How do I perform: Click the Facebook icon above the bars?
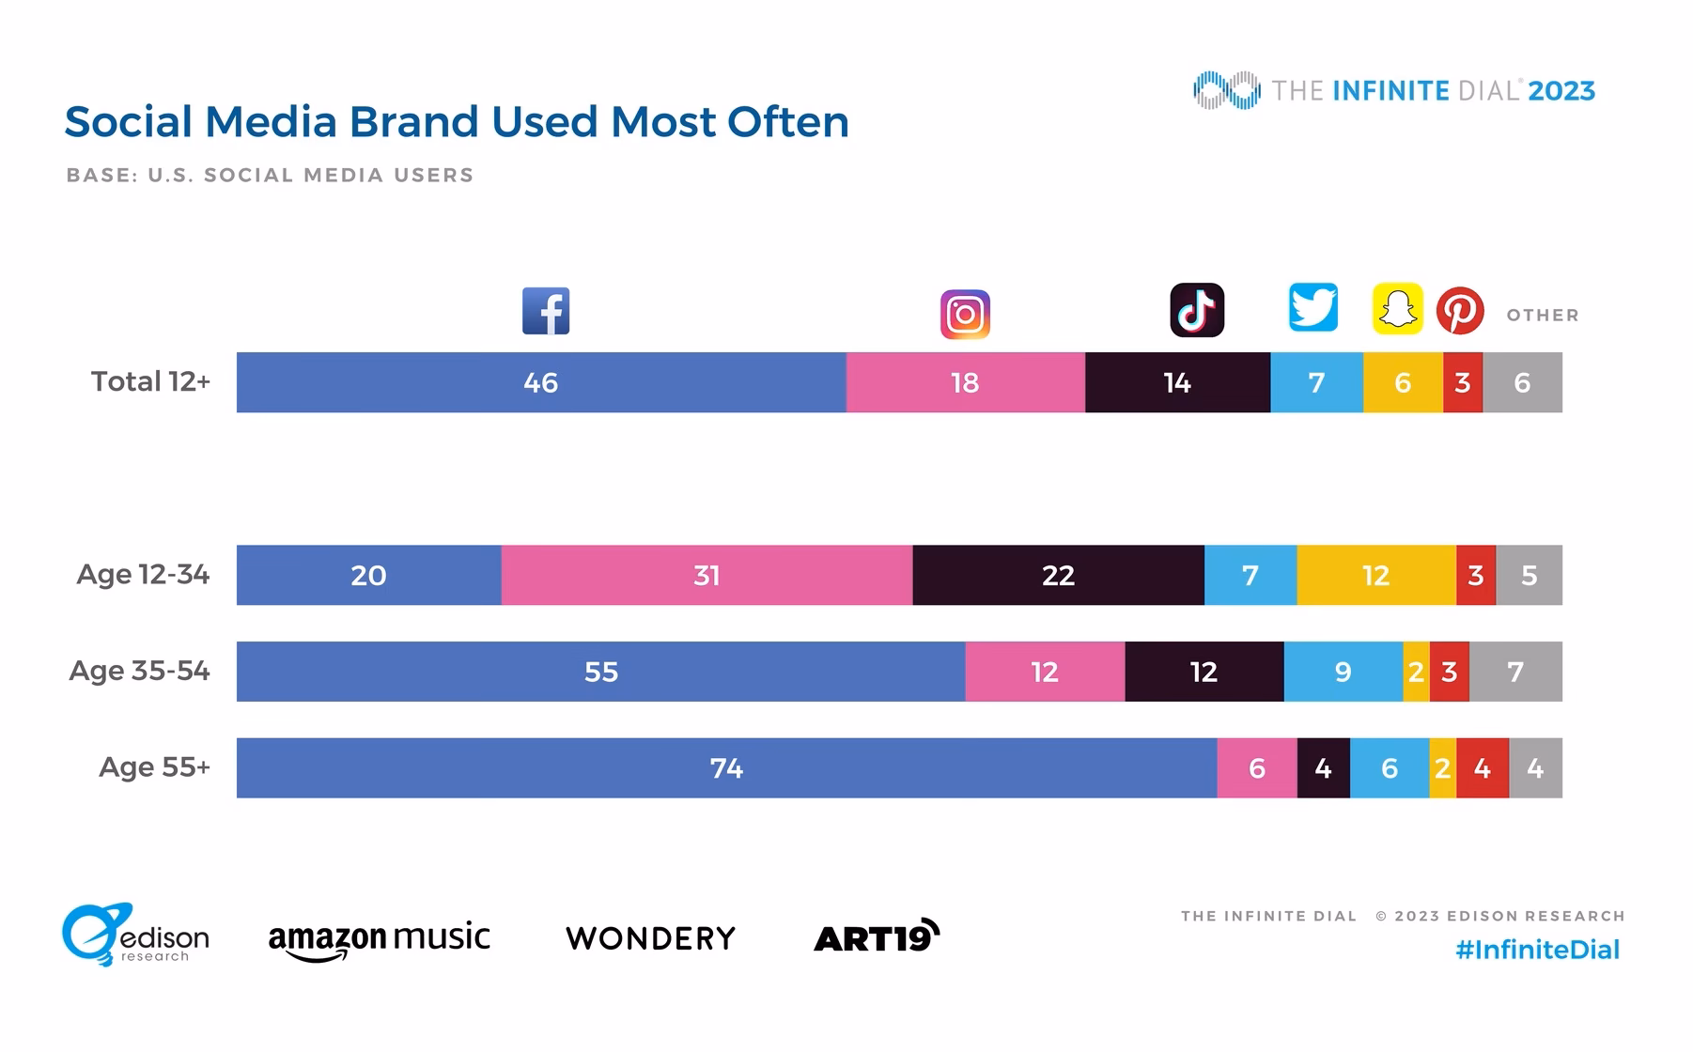point(546,311)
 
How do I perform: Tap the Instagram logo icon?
point(965,315)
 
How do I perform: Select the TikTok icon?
point(1196,310)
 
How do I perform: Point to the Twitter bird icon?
point(1312,307)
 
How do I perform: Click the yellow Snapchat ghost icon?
point(1397,309)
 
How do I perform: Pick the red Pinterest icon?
point(1460,311)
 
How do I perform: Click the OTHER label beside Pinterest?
point(1543,316)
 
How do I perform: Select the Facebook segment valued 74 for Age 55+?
point(726,768)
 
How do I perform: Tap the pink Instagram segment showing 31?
point(707,575)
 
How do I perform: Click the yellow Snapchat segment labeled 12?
point(1375,575)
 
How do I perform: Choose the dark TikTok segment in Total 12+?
point(1177,382)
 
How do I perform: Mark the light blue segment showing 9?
point(1343,672)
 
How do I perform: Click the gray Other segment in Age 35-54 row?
point(1514,672)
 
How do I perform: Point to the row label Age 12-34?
point(143,574)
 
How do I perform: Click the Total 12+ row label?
point(150,381)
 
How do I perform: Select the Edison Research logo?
point(134,936)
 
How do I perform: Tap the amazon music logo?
point(379,938)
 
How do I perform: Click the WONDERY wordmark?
point(650,938)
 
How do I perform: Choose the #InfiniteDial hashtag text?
point(1537,950)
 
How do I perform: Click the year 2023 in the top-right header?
point(1561,91)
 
